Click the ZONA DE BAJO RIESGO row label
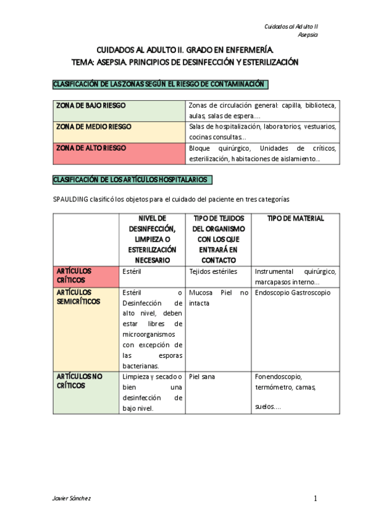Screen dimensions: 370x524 pos(91,106)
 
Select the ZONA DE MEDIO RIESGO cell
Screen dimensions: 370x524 pos(94,127)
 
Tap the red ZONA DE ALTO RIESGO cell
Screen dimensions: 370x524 pos(91,148)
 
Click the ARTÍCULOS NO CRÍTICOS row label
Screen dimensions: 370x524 pos(80,381)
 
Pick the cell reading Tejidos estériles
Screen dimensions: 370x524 pos(214,271)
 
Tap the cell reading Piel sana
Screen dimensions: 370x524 pos(204,376)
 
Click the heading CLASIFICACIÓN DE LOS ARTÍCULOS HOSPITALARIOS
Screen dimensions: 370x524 pos(133,180)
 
